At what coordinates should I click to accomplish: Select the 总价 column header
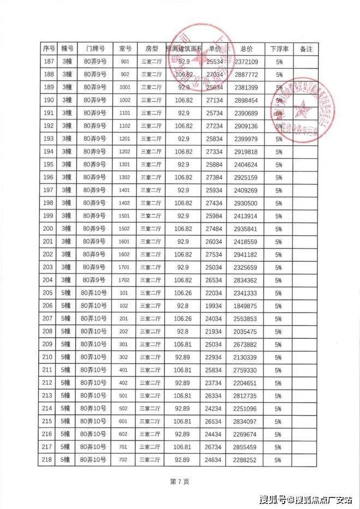click(247, 49)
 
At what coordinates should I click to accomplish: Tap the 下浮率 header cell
click(279, 49)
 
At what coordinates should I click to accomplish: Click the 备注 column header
click(306, 49)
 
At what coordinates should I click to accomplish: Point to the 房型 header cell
click(152, 49)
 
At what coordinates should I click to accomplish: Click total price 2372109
click(247, 62)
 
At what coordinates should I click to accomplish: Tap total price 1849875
click(247, 306)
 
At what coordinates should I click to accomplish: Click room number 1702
click(124, 280)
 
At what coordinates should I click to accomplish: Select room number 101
click(124, 293)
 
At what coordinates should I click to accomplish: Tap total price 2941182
click(247, 254)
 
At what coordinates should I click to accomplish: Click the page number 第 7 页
click(179, 482)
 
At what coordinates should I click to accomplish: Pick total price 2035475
click(247, 332)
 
